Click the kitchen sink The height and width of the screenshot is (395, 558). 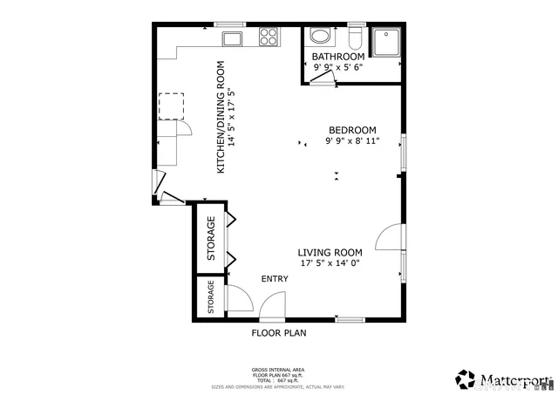point(233,37)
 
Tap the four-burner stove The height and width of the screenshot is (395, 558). point(269,37)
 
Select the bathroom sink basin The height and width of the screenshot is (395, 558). point(321,37)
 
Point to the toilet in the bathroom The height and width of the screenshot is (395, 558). point(355,38)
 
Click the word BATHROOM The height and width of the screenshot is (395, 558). point(338,58)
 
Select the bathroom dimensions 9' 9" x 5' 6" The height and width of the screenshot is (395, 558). point(338,68)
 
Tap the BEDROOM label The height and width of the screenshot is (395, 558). point(351,130)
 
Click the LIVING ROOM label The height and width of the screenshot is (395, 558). point(330,252)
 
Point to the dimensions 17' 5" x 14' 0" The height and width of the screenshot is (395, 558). point(330,262)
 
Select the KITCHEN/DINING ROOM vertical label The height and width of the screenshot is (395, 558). point(222,116)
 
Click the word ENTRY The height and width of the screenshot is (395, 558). point(275,279)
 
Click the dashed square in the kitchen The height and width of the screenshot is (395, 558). point(170,105)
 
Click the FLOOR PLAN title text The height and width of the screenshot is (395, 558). point(279,332)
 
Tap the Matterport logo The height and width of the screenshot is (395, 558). point(502,379)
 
